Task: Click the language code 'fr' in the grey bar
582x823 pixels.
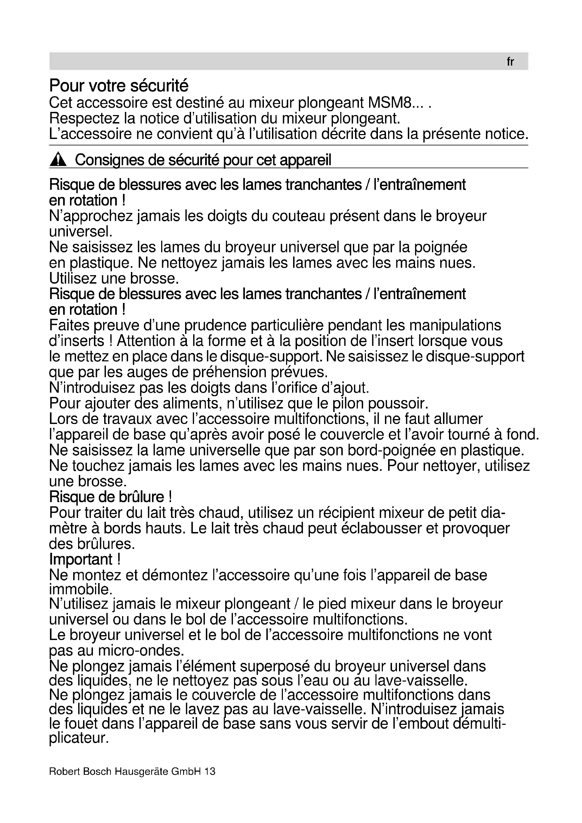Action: [x=510, y=62]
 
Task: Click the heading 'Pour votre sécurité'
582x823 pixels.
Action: [x=119, y=86]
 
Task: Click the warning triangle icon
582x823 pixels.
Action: [x=58, y=160]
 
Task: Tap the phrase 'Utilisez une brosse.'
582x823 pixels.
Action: [x=114, y=279]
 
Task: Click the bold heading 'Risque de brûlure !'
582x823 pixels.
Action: [x=110, y=497]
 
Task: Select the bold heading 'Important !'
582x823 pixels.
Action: [x=85, y=559]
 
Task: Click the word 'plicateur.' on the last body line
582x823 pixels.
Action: [x=79, y=738]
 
